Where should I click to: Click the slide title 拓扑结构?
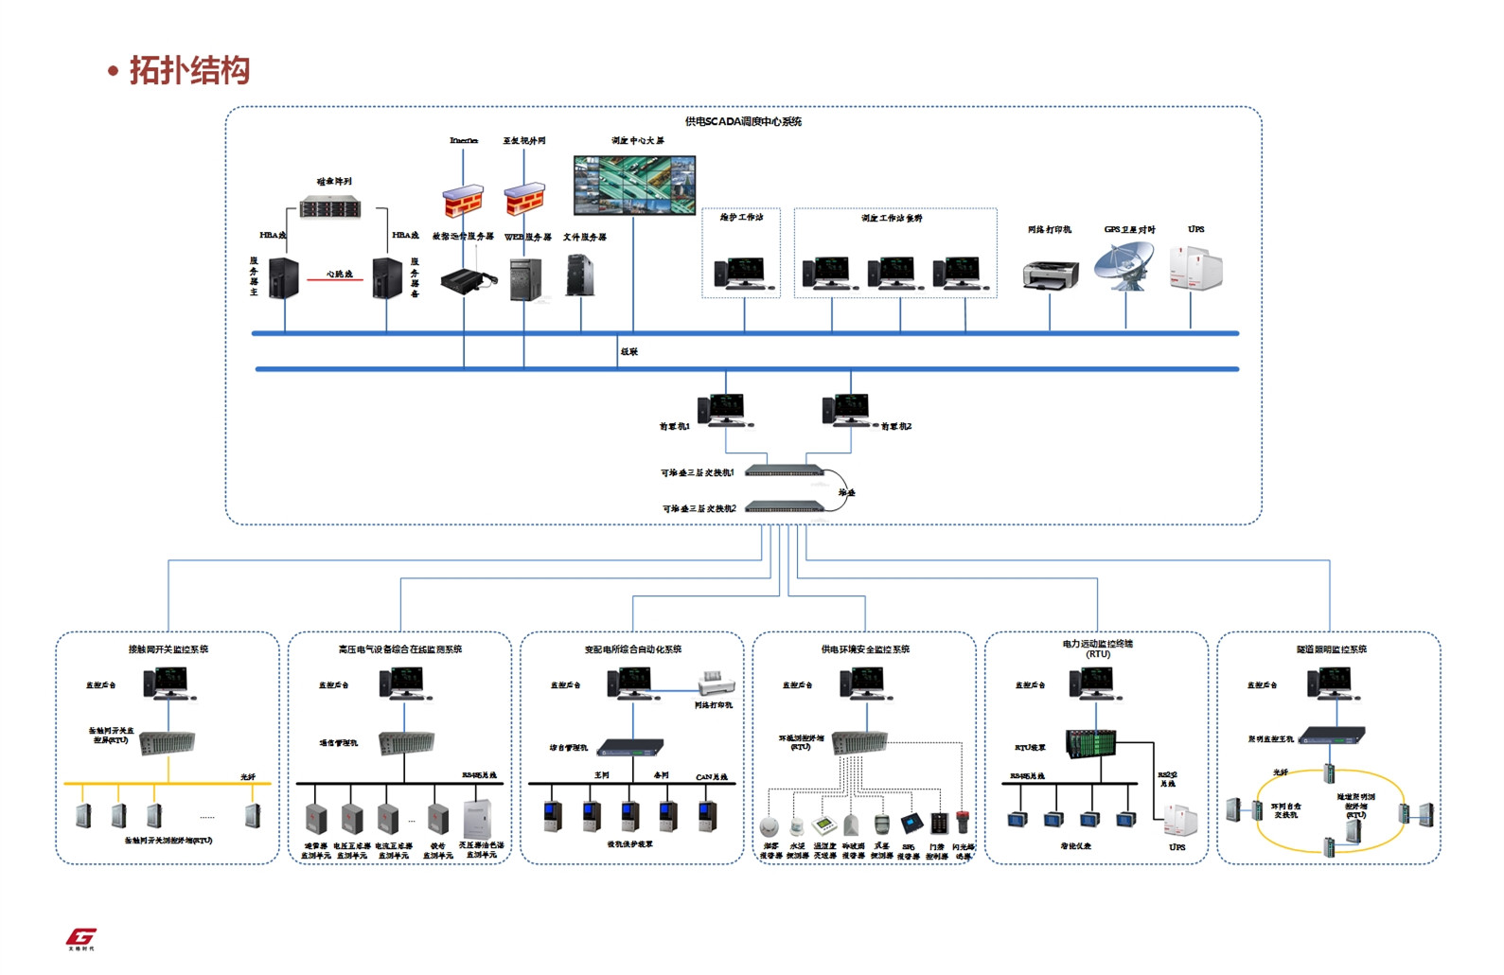coord(189,71)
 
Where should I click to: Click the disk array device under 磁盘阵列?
coord(330,207)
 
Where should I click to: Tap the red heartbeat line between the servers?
coord(335,280)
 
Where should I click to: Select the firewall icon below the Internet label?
coord(463,201)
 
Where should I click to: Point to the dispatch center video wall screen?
coord(634,186)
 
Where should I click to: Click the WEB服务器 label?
coord(527,238)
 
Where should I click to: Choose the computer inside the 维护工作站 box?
coord(739,274)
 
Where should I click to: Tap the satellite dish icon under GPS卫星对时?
coord(1124,266)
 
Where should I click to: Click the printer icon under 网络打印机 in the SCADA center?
coord(1051,275)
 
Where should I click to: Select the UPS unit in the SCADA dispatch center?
coord(1194,268)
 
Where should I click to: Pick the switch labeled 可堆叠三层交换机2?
coord(785,506)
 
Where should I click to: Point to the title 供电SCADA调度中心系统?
coord(743,122)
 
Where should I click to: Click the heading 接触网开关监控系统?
coord(168,649)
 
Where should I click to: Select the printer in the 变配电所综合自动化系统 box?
coord(717,683)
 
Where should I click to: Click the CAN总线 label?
coord(712,777)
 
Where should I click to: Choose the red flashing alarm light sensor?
coord(963,822)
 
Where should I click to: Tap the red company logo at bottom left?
coord(81,937)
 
